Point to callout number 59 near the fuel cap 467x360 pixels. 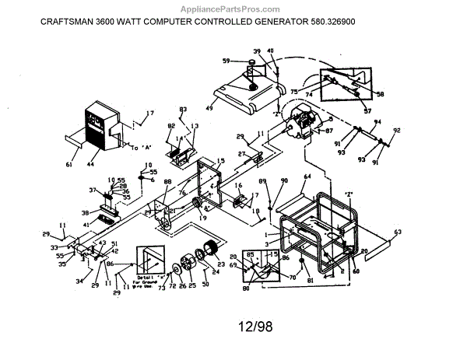pyautogui.click(x=226, y=60)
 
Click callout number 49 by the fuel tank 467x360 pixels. pyautogui.click(x=209, y=107)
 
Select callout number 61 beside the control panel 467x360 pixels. pyautogui.click(x=68, y=165)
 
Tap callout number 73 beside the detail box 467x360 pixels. pyautogui.click(x=161, y=288)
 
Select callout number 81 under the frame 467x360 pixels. pyautogui.click(x=309, y=280)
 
